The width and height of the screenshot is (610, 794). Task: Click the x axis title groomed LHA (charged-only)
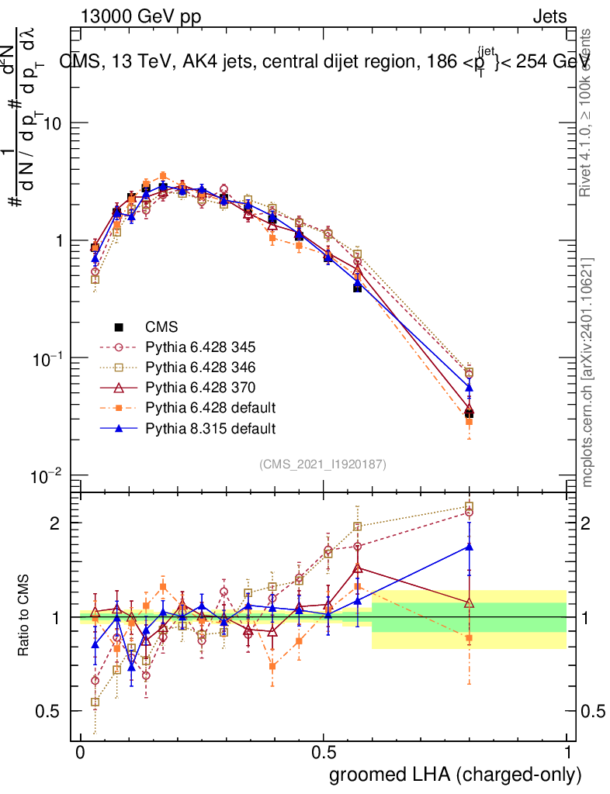tap(456, 775)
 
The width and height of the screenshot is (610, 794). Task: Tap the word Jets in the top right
tap(549, 16)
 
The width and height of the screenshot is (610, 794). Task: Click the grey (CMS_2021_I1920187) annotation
tap(323, 464)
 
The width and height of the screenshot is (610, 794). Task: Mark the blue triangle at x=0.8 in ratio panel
tap(469, 546)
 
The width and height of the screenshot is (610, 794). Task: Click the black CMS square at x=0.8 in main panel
tap(469, 413)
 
